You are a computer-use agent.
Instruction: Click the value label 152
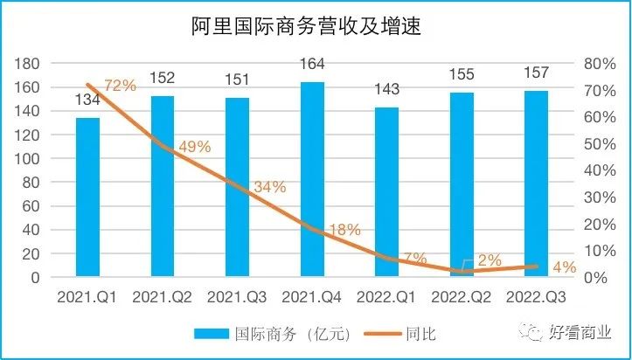[x=163, y=78]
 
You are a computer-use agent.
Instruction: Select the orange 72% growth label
[x=120, y=86]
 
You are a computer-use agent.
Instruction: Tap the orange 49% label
[x=194, y=147]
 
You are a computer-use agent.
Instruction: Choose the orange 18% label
[x=344, y=230]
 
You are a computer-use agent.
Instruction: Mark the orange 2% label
[x=490, y=260]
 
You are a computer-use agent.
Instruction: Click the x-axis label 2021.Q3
[x=237, y=297]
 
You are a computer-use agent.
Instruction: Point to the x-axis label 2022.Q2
[x=462, y=297]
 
